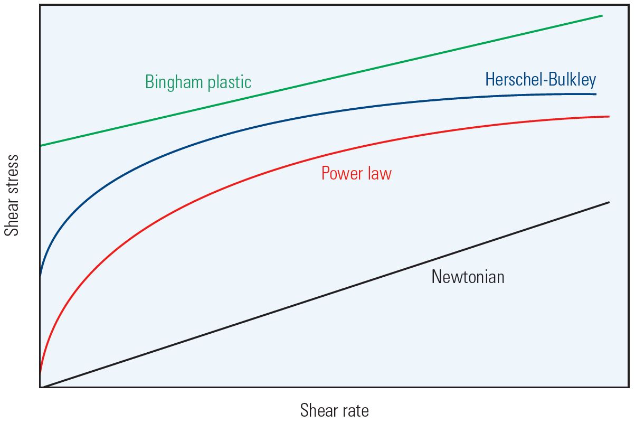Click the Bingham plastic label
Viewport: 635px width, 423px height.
[198, 82]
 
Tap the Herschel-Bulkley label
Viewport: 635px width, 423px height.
[541, 80]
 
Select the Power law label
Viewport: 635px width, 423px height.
[356, 173]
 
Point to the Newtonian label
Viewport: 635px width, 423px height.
[468, 277]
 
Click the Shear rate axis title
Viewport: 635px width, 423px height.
[334, 410]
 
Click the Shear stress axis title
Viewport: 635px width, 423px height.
[12, 195]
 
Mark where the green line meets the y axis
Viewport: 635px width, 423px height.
[40, 145]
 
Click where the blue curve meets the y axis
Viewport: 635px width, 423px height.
[40, 275]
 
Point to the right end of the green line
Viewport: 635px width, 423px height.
[602, 16]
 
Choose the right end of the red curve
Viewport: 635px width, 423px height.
[609, 116]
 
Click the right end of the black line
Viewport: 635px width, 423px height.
[609, 202]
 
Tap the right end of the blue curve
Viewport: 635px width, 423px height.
[595, 94]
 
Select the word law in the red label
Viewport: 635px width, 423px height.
[380, 173]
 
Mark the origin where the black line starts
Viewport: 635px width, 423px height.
[41, 387]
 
